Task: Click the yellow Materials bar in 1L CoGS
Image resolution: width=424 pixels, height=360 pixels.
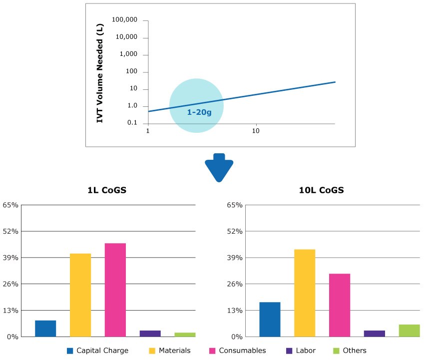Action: tap(80, 295)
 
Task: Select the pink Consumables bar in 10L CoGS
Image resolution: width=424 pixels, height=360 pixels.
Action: tap(340, 305)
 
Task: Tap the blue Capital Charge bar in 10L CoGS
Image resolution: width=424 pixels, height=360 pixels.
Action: tap(270, 320)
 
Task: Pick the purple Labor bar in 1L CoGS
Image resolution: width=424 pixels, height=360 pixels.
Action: tap(150, 334)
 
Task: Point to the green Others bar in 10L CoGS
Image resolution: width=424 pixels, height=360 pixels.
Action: tap(410, 331)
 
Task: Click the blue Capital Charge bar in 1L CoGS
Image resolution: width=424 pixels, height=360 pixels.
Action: tap(45, 329)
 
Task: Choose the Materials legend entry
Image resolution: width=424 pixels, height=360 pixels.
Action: tap(169, 351)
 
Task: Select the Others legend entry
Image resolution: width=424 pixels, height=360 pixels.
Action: tap(350, 351)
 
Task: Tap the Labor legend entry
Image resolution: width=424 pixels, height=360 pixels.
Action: tap(301, 351)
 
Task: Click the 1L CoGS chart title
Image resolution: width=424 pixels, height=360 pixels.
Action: tap(105, 190)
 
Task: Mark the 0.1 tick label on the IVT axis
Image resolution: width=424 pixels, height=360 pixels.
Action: tap(132, 123)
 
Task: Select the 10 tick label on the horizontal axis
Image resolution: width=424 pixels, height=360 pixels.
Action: tap(256, 131)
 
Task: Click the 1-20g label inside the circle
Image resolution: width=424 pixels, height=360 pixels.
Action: tap(199, 112)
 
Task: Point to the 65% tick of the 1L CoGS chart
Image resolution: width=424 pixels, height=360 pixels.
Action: tap(10, 205)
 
